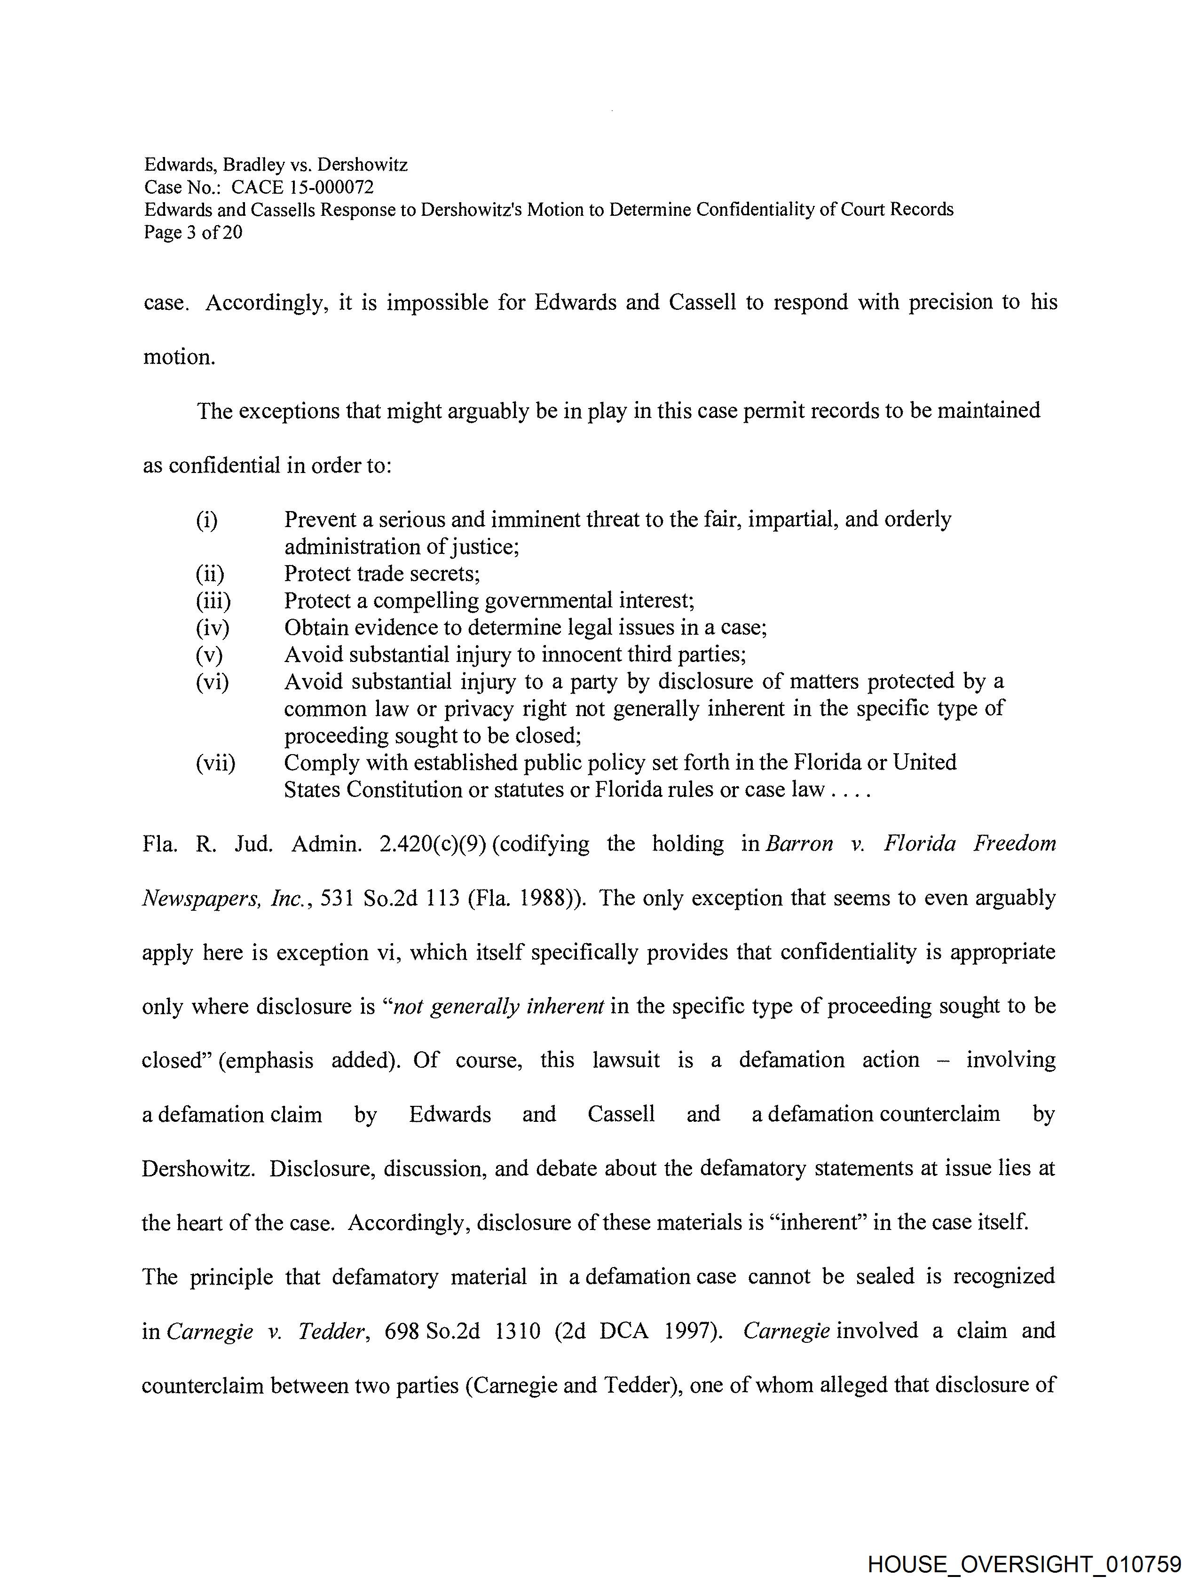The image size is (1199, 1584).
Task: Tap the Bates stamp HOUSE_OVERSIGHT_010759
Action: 1024,1563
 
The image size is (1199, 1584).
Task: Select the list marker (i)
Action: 206,519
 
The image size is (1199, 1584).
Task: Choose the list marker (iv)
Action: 212,628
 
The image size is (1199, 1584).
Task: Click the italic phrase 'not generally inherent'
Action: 498,1006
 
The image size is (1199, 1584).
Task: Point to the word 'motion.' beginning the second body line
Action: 179,356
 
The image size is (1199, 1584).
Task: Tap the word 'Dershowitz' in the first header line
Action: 363,165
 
